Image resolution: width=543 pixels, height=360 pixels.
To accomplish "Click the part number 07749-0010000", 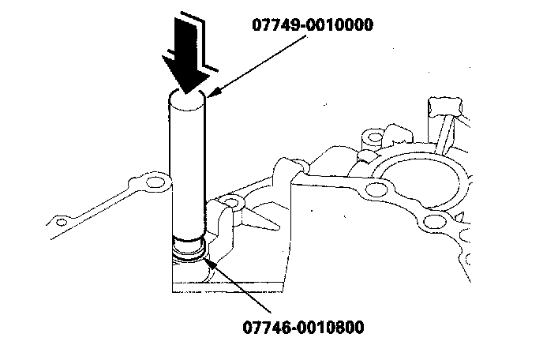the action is (312, 24).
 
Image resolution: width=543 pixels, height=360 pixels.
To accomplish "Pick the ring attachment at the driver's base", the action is (189, 250).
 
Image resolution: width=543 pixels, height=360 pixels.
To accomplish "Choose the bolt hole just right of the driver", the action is (230, 204).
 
